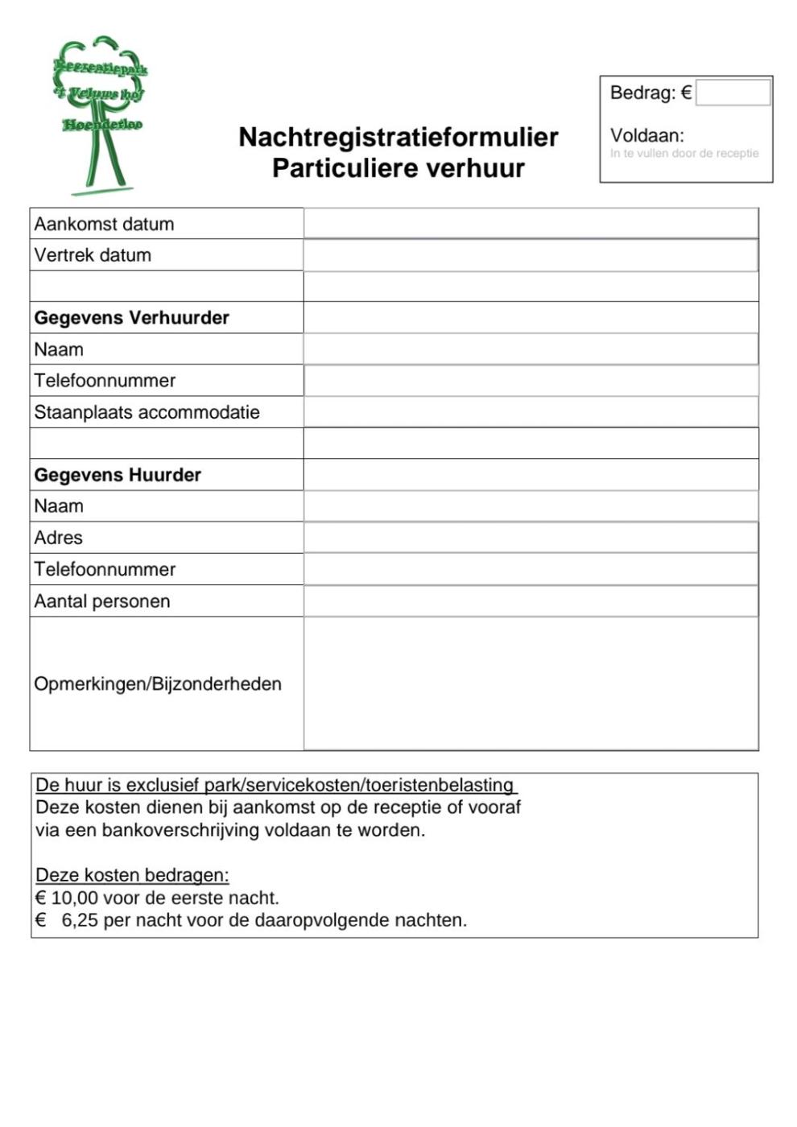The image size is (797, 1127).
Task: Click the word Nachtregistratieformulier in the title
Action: click(x=398, y=137)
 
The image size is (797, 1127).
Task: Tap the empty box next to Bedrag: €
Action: click(x=733, y=93)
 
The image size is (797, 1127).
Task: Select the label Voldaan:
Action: click(x=646, y=135)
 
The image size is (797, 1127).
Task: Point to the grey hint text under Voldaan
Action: click(x=684, y=153)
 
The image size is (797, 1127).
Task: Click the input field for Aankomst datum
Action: click(x=531, y=223)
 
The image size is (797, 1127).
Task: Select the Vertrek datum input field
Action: click(x=531, y=255)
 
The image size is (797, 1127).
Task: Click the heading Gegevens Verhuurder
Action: click(x=131, y=318)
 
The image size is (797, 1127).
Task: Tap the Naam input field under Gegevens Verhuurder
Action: click(x=531, y=349)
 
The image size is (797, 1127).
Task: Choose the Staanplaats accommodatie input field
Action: click(x=531, y=412)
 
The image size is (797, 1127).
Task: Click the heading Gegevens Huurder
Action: click(x=118, y=475)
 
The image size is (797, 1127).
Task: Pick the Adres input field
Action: click(x=531, y=538)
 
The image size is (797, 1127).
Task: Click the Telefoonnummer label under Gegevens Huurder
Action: click(x=105, y=569)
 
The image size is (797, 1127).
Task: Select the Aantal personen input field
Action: click(x=531, y=601)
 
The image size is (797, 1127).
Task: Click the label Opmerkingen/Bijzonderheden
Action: click(x=158, y=684)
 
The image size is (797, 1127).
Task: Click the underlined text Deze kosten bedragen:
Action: click(x=132, y=875)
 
